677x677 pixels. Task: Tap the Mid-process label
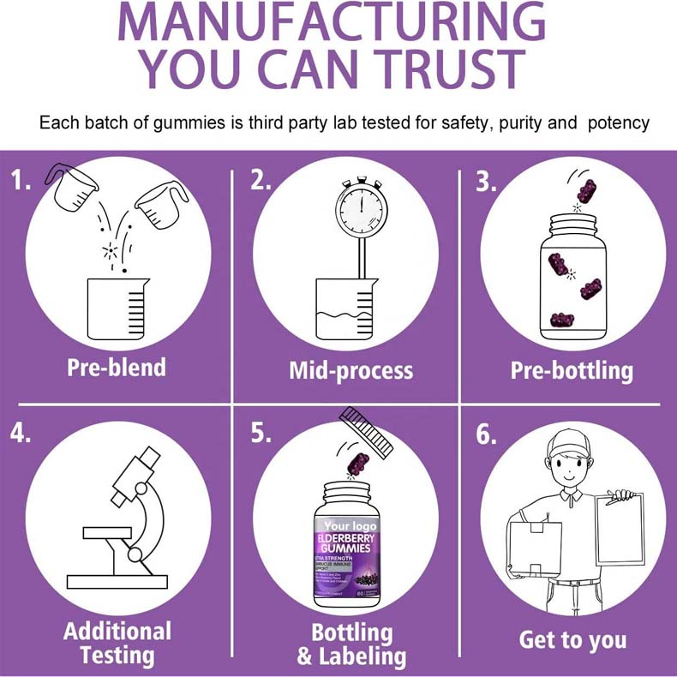(x=350, y=370)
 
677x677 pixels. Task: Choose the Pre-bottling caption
(x=572, y=370)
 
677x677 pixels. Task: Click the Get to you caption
(x=572, y=639)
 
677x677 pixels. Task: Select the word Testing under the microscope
(x=117, y=656)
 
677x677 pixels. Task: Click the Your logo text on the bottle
(x=350, y=524)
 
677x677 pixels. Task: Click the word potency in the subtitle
(x=619, y=123)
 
